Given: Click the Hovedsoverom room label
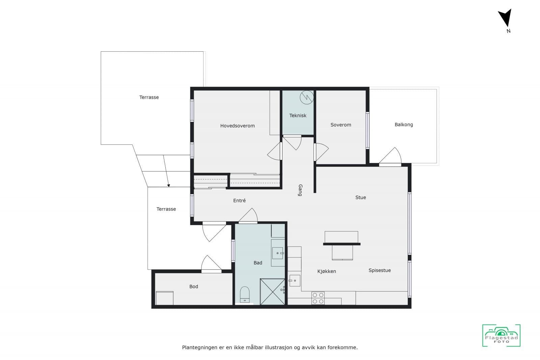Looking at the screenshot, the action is (x=238, y=126).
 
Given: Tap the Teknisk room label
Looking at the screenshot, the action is (x=298, y=115).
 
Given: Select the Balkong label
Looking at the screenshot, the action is (x=404, y=124).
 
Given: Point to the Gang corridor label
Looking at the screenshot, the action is (x=300, y=190).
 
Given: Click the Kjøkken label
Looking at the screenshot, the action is (x=327, y=271).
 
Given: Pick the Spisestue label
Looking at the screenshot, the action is (x=380, y=270).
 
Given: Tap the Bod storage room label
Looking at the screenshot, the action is (x=194, y=286).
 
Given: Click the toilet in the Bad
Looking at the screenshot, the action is (x=245, y=295).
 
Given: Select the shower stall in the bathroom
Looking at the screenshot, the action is (x=272, y=292).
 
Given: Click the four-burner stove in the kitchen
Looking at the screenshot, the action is (x=318, y=298).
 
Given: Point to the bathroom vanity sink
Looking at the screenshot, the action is (x=278, y=253).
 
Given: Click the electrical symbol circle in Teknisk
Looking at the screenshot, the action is (x=307, y=98).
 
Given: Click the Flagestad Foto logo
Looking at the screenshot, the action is (x=502, y=335).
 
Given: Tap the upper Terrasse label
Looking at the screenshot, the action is (x=149, y=98).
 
